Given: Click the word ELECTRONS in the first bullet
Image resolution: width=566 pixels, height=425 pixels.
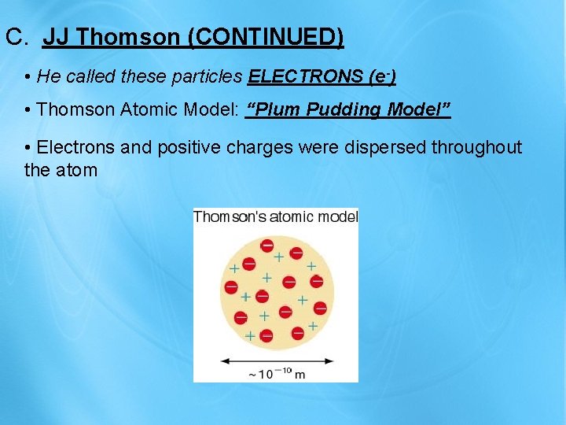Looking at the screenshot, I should pyautogui.click(x=305, y=76).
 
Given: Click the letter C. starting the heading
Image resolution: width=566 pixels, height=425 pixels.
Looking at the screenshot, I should pyautogui.click(x=17, y=37).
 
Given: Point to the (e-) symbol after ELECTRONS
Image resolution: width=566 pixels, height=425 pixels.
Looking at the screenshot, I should pyautogui.click(x=381, y=76).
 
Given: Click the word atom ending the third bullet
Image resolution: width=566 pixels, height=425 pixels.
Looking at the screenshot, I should pyautogui.click(x=76, y=169).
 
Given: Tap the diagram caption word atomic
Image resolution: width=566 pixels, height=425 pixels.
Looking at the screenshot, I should pyautogui.click(x=290, y=216).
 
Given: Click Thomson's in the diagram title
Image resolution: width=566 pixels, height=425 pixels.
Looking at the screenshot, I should pyautogui.click(x=229, y=216).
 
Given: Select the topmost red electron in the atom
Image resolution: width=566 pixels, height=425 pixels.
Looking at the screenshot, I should pyautogui.click(x=267, y=245).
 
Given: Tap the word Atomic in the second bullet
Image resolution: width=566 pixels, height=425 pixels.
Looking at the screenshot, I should pyautogui.click(x=156, y=109).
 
